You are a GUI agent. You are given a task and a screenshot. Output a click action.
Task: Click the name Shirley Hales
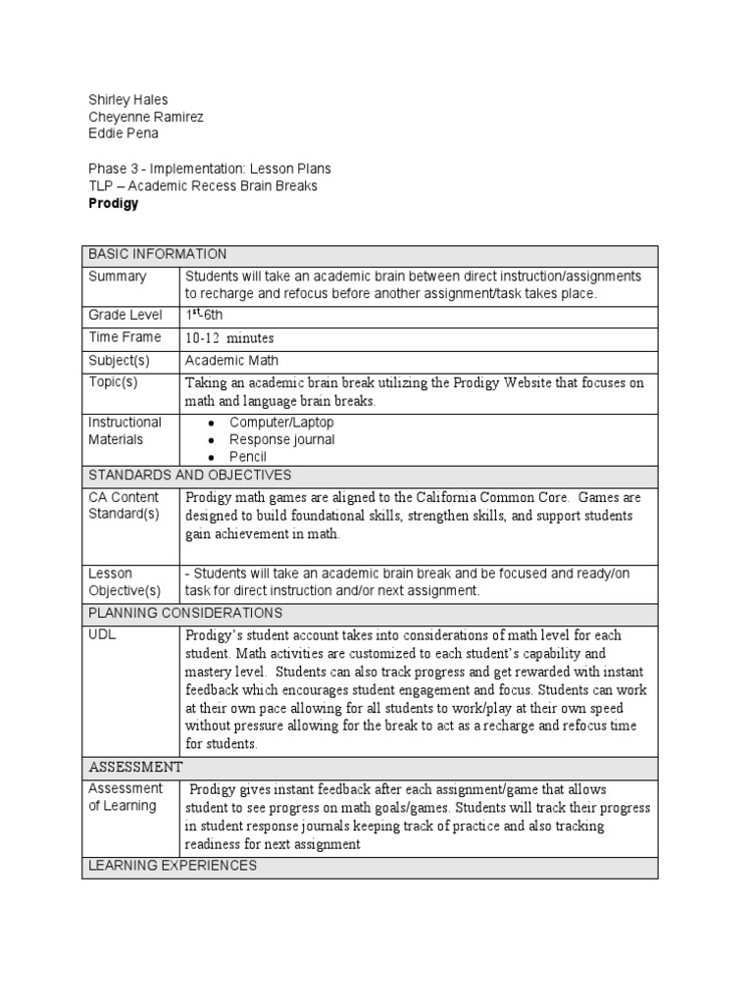(x=128, y=99)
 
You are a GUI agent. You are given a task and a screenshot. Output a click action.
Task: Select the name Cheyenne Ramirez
(x=146, y=117)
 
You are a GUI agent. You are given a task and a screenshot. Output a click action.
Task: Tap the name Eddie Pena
(x=124, y=133)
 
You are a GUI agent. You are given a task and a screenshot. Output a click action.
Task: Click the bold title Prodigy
(x=114, y=204)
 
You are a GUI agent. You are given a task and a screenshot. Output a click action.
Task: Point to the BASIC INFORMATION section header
(x=158, y=254)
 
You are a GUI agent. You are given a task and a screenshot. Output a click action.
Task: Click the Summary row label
(x=118, y=276)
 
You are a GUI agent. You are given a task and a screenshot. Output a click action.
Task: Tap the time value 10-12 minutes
(x=229, y=338)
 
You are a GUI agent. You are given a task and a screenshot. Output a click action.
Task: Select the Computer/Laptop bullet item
(x=281, y=423)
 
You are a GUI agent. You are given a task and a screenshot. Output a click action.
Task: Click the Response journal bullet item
(x=281, y=439)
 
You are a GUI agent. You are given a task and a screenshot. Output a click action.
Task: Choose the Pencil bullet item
(x=248, y=457)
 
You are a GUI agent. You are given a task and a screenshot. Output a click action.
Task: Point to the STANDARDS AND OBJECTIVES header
(x=190, y=475)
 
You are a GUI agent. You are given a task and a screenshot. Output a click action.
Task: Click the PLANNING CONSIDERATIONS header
(x=185, y=613)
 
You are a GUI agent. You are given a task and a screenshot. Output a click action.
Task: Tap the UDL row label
(x=102, y=635)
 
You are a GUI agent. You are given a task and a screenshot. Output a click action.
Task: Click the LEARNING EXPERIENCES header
(x=173, y=866)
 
